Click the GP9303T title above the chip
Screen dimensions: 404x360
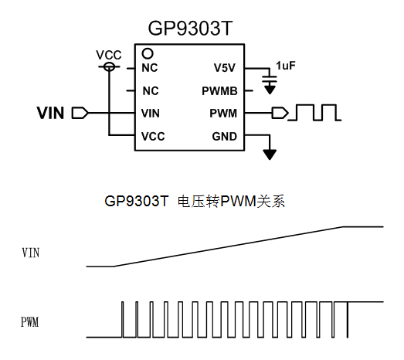pyautogui.click(x=190, y=28)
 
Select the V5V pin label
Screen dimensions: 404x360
pyautogui.click(x=225, y=68)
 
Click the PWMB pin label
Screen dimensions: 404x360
pyautogui.click(x=219, y=91)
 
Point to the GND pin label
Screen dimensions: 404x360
pyautogui.click(x=225, y=137)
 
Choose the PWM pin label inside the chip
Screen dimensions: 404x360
pyautogui.click(x=223, y=114)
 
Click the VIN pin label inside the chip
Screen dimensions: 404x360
pyautogui.click(x=151, y=114)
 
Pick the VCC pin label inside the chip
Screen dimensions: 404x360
pyautogui.click(x=153, y=137)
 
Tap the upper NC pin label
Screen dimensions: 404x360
pyautogui.click(x=150, y=68)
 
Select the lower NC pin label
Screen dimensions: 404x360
pyautogui.click(x=151, y=91)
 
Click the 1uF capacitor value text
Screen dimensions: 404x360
pyautogui.click(x=286, y=66)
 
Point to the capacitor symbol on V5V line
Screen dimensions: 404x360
pyautogui.click(x=270, y=79)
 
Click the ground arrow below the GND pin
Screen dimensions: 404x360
pyautogui.click(x=270, y=155)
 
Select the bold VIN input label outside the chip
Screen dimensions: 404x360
pyautogui.click(x=50, y=113)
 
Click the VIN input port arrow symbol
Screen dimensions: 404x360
pyautogui.click(x=80, y=113)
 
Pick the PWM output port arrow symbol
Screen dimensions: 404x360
pyautogui.click(x=280, y=113)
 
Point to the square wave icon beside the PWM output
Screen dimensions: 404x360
pyautogui.click(x=314, y=112)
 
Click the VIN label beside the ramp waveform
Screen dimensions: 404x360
pyautogui.click(x=31, y=253)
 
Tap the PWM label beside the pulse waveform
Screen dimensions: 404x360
pyautogui.click(x=29, y=322)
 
